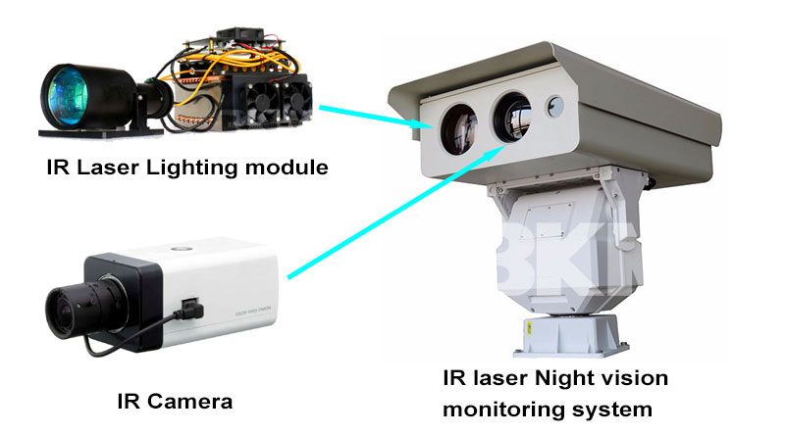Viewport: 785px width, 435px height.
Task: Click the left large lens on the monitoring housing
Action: point(454,126)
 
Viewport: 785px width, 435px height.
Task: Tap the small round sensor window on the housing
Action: point(557,103)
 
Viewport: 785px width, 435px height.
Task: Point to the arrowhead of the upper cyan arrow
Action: point(425,124)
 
